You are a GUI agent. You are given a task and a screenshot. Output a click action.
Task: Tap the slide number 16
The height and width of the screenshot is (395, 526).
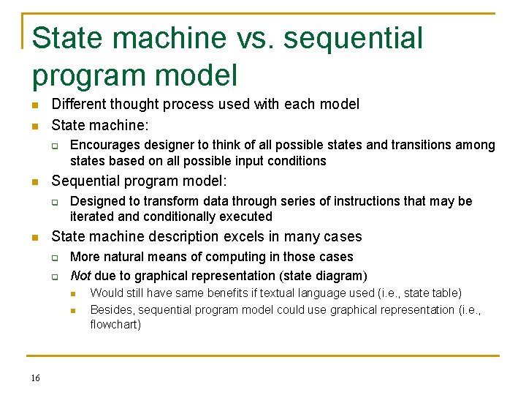36,377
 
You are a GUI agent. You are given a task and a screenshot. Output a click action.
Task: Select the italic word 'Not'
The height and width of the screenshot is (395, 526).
80,276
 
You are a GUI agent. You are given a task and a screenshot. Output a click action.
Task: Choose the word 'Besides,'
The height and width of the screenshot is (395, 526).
113,309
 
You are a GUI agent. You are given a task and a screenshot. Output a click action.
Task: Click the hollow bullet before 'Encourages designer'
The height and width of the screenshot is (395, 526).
54,146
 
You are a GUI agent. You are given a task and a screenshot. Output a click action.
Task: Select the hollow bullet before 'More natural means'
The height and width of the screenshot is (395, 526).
54,257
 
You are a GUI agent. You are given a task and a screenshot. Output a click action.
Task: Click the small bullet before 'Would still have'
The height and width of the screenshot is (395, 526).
73,293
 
